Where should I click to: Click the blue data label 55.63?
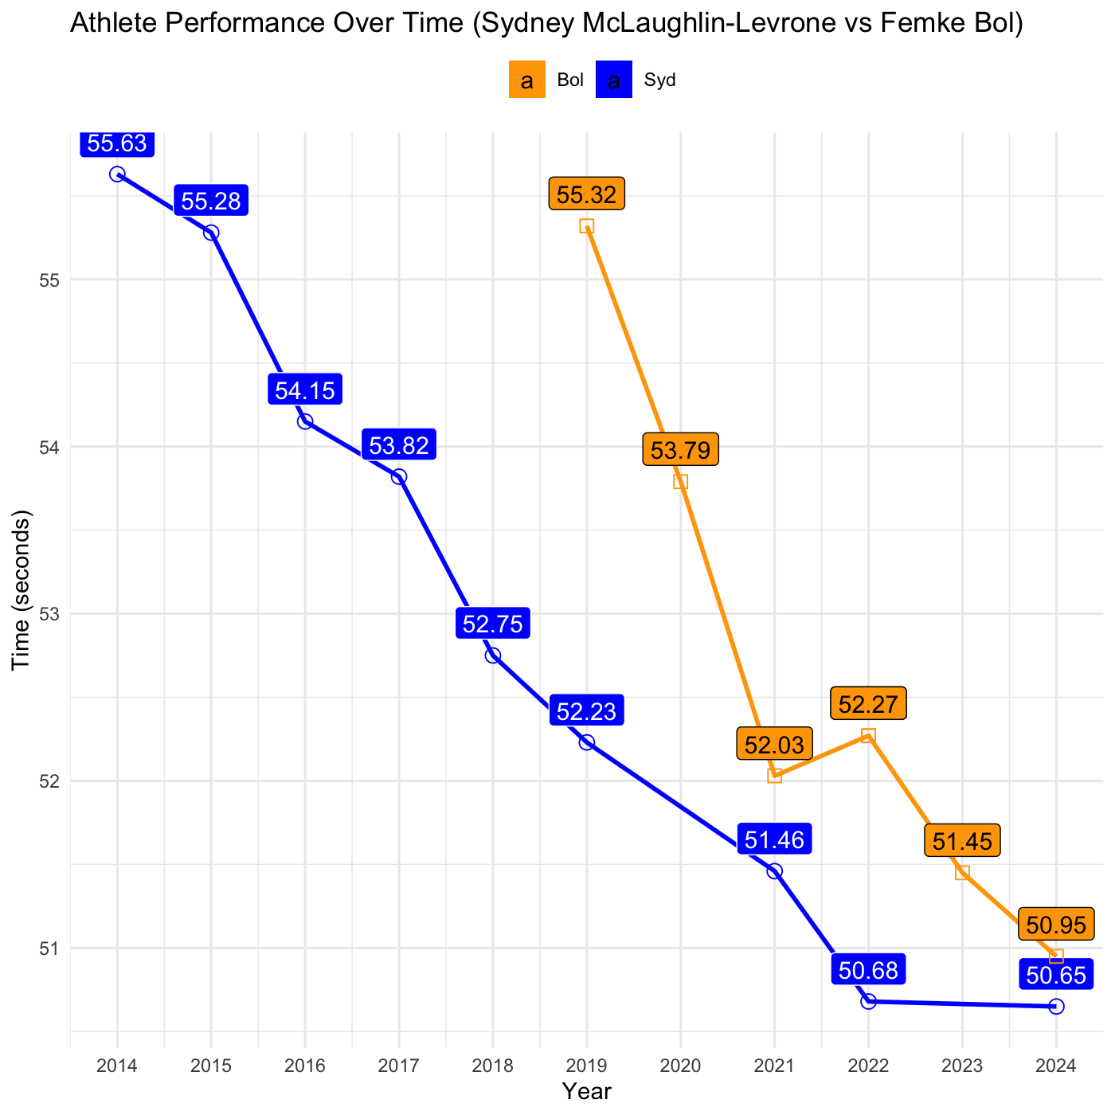(x=117, y=143)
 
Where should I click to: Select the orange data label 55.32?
(x=587, y=194)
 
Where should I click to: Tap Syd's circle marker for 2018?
(x=493, y=655)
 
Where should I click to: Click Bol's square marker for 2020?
(x=681, y=482)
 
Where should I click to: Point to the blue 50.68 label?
(x=868, y=970)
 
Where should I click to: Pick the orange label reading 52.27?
(x=868, y=704)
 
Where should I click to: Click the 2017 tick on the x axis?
(x=399, y=1066)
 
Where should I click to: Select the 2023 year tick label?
(x=962, y=1066)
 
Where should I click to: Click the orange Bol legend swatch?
(x=527, y=80)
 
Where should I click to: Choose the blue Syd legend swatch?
(x=614, y=80)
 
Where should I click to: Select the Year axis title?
(x=587, y=1091)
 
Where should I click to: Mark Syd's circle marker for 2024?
(x=1056, y=1007)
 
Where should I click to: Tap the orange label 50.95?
(x=1056, y=925)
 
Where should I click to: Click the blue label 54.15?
(x=305, y=390)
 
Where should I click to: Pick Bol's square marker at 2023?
(x=962, y=873)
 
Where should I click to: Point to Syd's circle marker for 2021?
(x=775, y=871)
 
